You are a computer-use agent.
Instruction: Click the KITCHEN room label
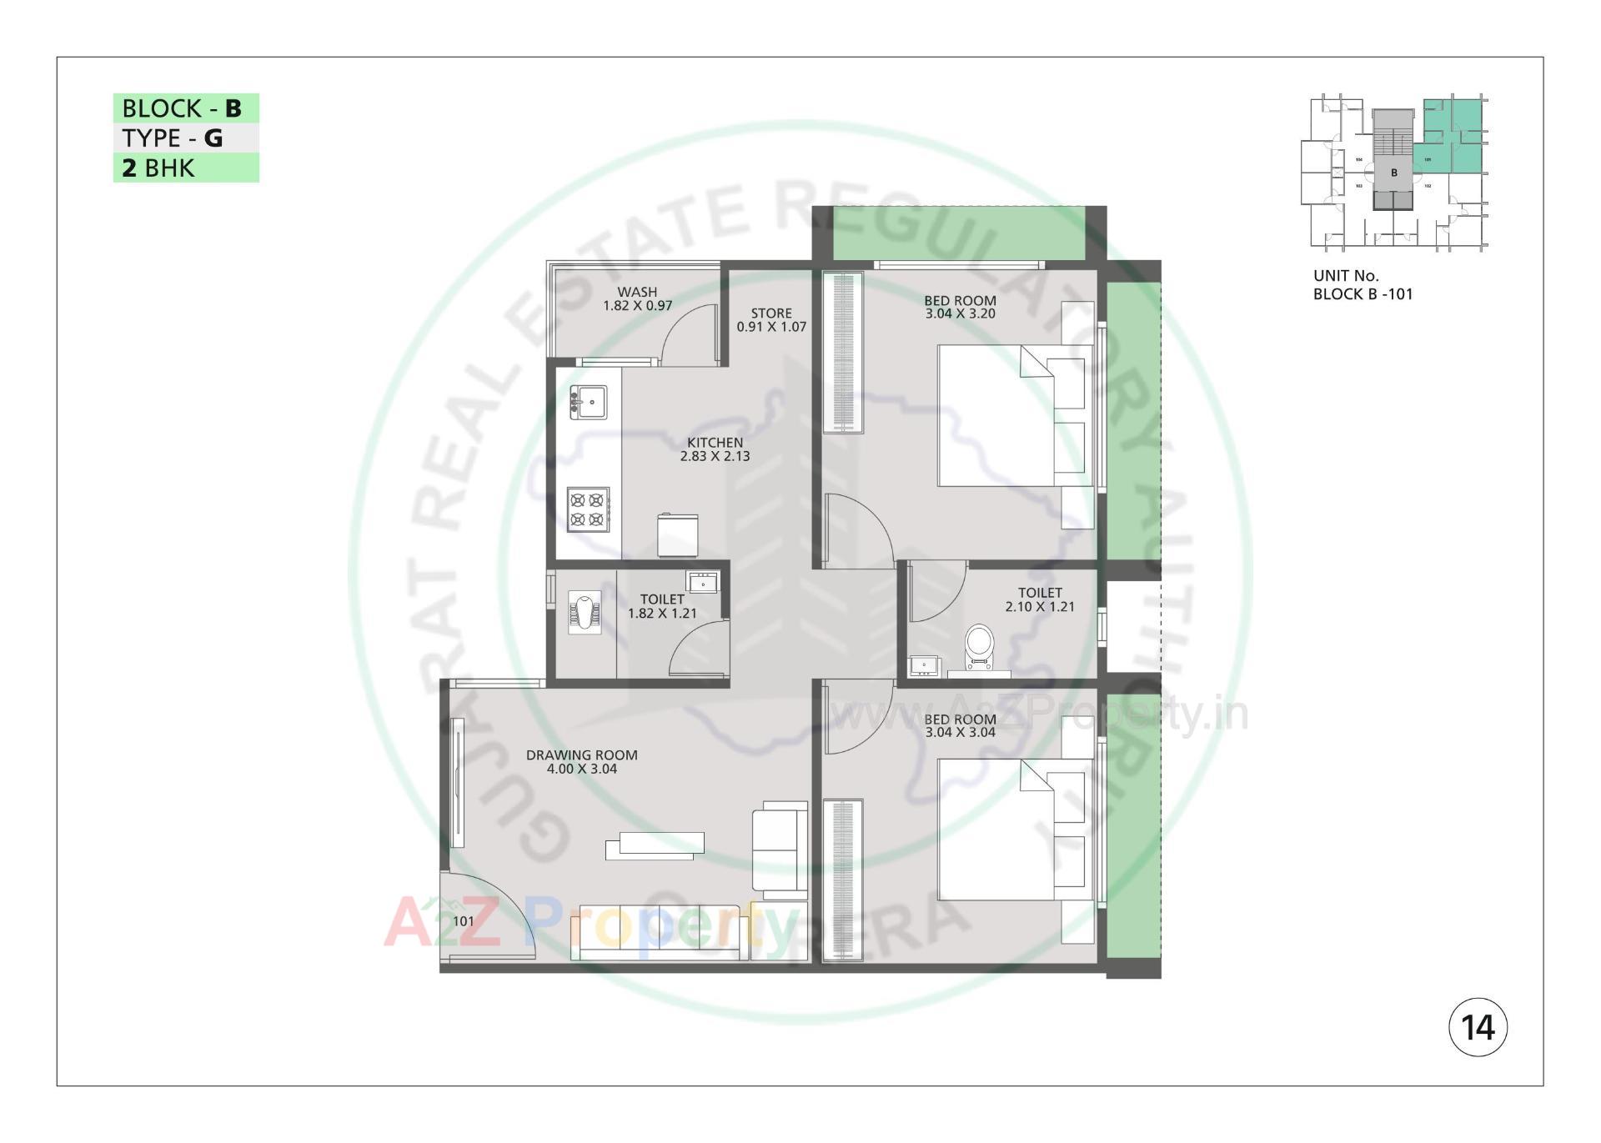pos(715,443)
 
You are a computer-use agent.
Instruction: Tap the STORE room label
pos(771,313)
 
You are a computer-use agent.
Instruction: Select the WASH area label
pos(637,292)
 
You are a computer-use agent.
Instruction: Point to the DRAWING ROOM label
pos(581,755)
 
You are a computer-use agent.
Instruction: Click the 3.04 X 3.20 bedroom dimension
pos(960,314)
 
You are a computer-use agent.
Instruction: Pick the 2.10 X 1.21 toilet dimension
pos(1040,607)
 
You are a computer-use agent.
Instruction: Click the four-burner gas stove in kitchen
pos(587,509)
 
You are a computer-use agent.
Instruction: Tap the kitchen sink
pos(589,402)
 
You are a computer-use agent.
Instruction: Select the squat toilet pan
pos(585,612)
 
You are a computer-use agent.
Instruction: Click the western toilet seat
pos(980,645)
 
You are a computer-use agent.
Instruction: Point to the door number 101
pos(464,921)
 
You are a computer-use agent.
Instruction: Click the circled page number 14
pos(1478,1027)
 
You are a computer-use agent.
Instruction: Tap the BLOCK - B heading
pos(182,108)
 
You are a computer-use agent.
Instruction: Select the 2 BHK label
pos(158,168)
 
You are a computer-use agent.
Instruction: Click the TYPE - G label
pos(173,138)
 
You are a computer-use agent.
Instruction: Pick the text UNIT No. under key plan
pos(1346,275)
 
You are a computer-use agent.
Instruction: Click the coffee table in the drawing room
pos(655,845)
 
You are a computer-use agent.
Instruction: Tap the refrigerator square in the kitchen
pos(677,535)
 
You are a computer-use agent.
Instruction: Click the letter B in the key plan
pos(1393,173)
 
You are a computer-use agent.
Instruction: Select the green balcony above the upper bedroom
pos(959,233)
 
